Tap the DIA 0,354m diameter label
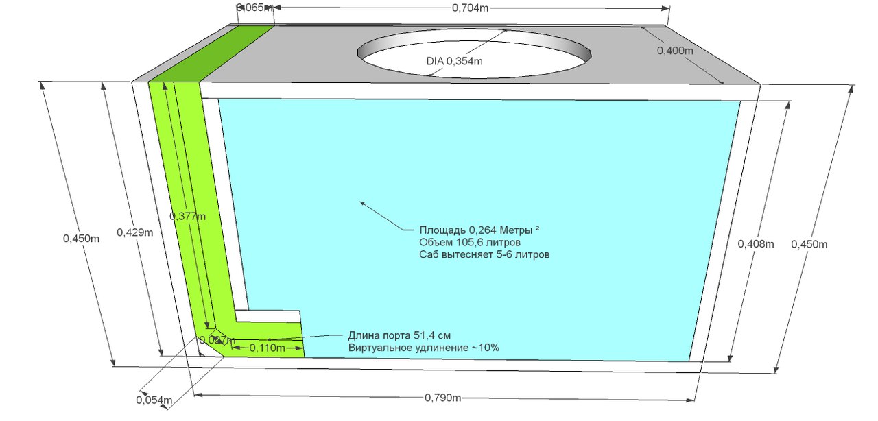click(454, 61)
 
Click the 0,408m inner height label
click(755, 244)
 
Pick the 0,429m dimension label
click(134, 232)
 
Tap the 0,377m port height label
click(187, 217)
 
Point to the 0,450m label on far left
click(81, 239)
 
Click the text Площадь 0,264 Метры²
click(479, 230)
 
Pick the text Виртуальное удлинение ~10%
click(423, 348)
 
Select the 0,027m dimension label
click(217, 340)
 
